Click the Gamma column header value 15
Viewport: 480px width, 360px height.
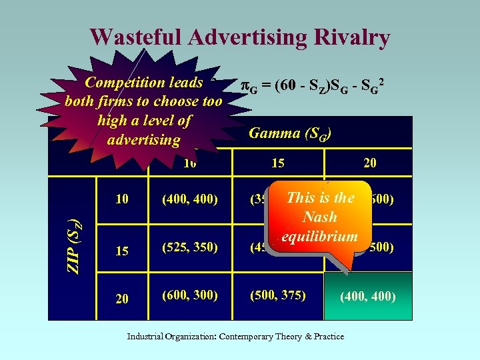tap(278, 163)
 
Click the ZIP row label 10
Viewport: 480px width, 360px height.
tap(121, 199)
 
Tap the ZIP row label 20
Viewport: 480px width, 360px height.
tap(121, 298)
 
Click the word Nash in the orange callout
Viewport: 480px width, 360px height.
tap(320, 217)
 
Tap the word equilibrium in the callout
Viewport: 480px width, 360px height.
tap(319, 236)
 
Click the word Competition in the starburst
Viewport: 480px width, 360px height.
tap(127, 83)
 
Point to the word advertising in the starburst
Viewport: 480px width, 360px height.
tap(143, 139)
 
